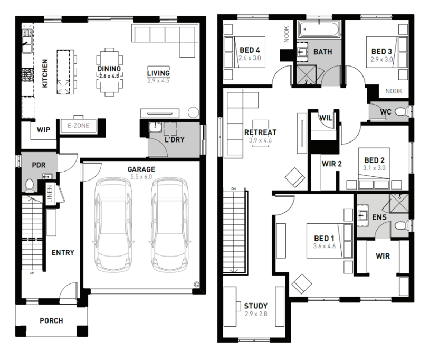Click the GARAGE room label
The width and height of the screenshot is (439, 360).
pyautogui.click(x=141, y=169)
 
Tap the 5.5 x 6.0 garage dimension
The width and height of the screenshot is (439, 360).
pyautogui.click(x=141, y=177)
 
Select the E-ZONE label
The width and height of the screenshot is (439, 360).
pyautogui.click(x=79, y=126)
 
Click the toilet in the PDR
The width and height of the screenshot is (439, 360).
pyautogui.click(x=30, y=185)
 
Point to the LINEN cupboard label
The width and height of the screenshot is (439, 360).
pyautogui.click(x=50, y=194)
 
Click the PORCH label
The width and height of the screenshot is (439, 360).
pyautogui.click(x=51, y=320)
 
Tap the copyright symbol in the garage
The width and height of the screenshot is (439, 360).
pyautogui.click(x=196, y=285)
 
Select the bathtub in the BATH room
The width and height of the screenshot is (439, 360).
pyautogui.click(x=319, y=30)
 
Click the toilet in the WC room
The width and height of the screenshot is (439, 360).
pyautogui.click(x=401, y=112)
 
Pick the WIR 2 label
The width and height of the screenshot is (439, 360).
pyautogui.click(x=332, y=164)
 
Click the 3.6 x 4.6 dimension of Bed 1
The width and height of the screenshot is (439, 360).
pyautogui.click(x=324, y=247)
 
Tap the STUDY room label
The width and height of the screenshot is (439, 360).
pyautogui.click(x=255, y=306)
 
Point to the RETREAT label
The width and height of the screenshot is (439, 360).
pyautogui.click(x=260, y=132)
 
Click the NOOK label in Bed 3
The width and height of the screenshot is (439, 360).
pyautogui.click(x=394, y=91)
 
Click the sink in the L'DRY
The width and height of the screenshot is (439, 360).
pyautogui.click(x=155, y=127)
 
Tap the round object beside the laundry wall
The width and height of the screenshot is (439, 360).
pyautogui.click(x=193, y=112)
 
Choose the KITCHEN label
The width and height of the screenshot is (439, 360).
pyautogui.click(x=45, y=73)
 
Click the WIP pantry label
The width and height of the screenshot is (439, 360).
pyautogui.click(x=43, y=130)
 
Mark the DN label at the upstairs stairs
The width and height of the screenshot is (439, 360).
pyautogui.click(x=234, y=189)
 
